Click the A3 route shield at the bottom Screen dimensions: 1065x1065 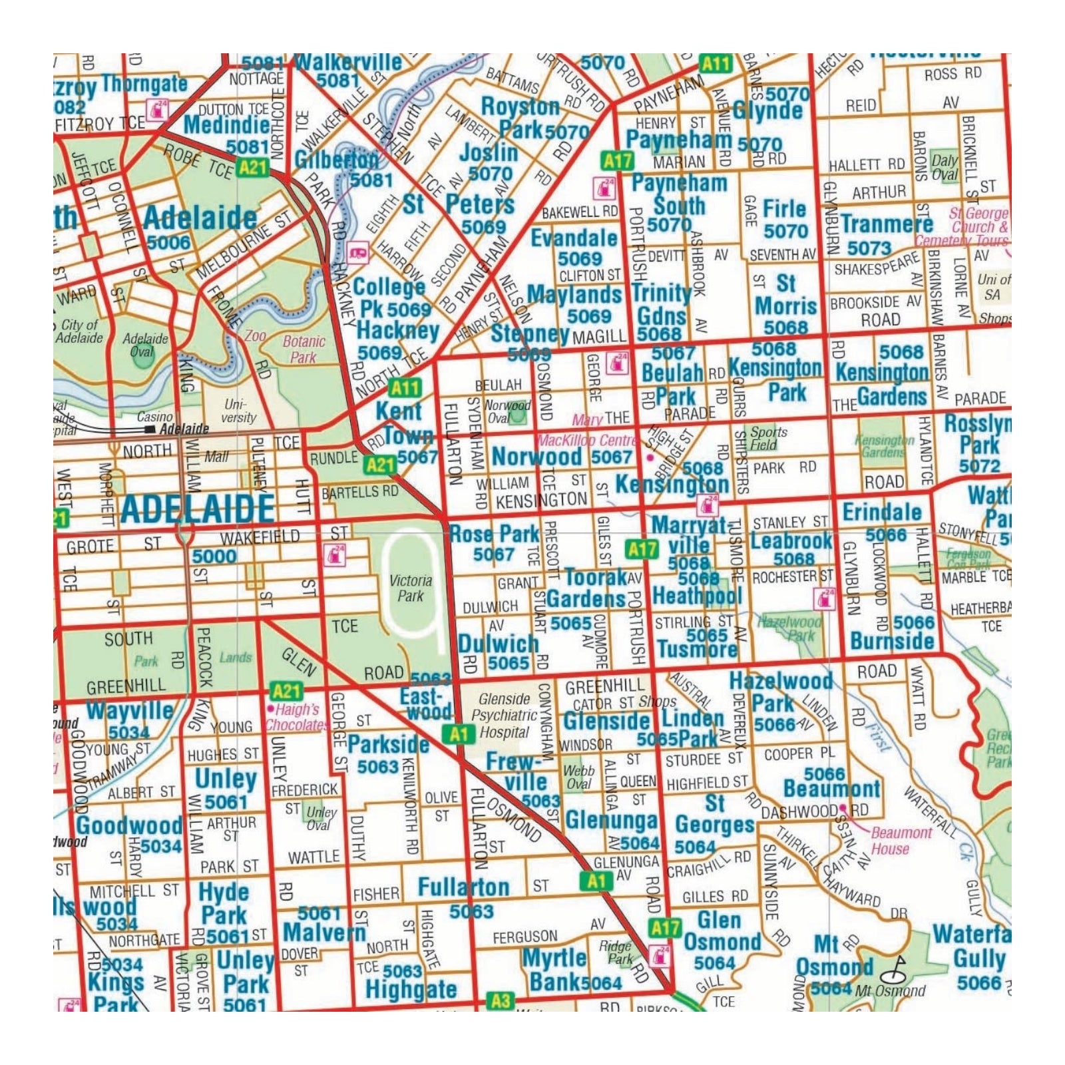[x=501, y=1000]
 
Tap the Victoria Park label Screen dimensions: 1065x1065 [x=410, y=588]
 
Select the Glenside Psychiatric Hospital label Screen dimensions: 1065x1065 [x=504, y=716]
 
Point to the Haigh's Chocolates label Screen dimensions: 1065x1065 [x=296, y=718]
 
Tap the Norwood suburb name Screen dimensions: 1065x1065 [x=536, y=457]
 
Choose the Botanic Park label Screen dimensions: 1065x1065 [x=304, y=349]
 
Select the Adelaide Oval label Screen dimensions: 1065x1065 [x=145, y=344]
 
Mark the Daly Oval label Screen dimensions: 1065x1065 [x=945, y=167]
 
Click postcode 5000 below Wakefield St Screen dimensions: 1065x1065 [x=214, y=556]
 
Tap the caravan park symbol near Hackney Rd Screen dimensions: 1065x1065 [x=358, y=252]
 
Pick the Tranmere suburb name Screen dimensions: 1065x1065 [x=887, y=224]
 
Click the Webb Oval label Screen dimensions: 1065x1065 [x=578, y=777]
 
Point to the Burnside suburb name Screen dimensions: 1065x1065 [x=892, y=641]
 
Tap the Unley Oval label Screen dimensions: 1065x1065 [x=321, y=818]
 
